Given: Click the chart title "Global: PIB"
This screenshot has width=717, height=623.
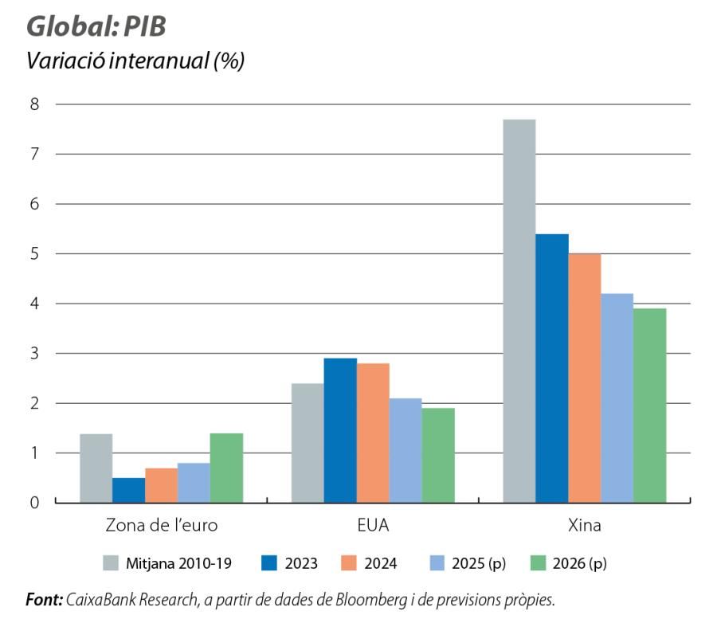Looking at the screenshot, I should click(96, 26).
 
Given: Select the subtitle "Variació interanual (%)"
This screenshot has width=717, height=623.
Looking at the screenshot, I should click(135, 61).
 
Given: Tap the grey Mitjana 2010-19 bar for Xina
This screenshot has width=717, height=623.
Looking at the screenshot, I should click(519, 311).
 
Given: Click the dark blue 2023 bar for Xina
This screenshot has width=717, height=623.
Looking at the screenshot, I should click(551, 368).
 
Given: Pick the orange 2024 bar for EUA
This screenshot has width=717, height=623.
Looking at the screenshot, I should click(373, 433).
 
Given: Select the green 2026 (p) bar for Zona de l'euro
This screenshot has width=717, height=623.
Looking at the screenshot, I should click(226, 468).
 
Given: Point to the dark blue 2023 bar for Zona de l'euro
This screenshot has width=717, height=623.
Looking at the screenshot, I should click(128, 490).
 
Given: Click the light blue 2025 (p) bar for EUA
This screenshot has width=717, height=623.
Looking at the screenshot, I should click(406, 450).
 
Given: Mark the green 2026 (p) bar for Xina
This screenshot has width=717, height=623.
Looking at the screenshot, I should click(649, 406).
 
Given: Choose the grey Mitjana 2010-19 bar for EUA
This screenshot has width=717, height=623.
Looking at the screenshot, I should click(308, 443).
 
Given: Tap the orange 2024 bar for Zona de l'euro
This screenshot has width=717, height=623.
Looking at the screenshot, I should click(161, 485).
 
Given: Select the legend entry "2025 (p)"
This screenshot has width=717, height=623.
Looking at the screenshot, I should click(481, 564).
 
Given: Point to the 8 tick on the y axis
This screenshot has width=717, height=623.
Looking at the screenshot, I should click(35, 104).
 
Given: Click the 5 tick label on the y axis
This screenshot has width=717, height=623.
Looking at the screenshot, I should click(35, 254).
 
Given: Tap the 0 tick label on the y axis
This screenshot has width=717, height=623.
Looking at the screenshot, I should click(35, 503).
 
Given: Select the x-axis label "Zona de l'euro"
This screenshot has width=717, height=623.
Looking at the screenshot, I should click(162, 527).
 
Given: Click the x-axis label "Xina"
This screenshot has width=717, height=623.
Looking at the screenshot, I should click(585, 527).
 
